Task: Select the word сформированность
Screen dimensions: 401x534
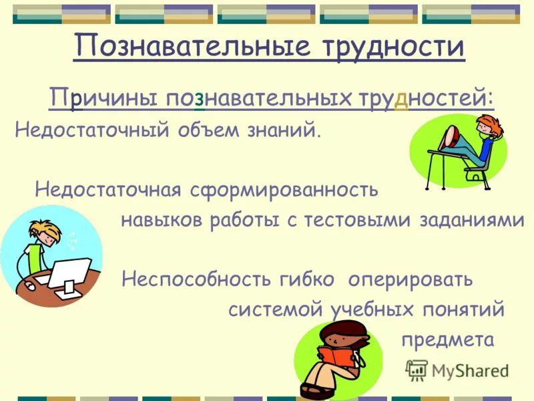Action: pos(284,190)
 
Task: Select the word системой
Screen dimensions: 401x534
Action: pos(274,310)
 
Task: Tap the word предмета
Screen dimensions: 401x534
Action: pos(447,340)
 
